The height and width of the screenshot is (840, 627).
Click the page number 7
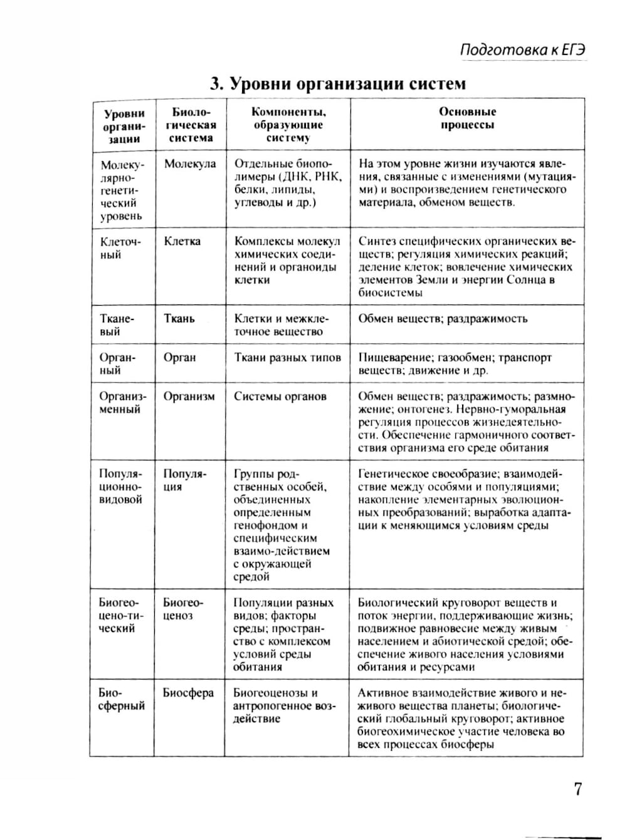point(577,789)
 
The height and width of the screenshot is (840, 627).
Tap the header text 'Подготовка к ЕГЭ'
point(522,50)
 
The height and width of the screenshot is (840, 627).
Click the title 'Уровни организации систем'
point(338,84)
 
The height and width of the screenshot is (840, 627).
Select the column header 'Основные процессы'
point(467,118)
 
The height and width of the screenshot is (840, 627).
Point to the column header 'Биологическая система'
point(191,125)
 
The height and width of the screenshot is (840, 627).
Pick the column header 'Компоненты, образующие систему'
point(288,125)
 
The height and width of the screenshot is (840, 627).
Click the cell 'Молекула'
point(190,164)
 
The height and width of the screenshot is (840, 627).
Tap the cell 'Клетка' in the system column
point(182,241)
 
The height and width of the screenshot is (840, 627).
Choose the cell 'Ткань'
point(179,319)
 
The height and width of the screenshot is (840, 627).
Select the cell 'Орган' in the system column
point(180,358)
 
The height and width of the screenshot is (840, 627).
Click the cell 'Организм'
point(189,397)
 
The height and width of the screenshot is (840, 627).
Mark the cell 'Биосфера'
point(188,693)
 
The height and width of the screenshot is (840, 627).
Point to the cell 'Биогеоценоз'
point(183,609)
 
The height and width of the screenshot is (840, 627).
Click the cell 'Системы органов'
point(280,397)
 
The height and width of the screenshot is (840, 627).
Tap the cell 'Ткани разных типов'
point(287,358)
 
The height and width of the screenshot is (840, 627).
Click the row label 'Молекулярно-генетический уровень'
point(122,190)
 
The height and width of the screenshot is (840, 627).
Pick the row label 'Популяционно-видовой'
point(121,487)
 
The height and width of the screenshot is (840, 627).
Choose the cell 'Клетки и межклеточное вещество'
point(282,325)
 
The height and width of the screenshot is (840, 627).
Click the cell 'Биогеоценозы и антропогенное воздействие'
point(285,706)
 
